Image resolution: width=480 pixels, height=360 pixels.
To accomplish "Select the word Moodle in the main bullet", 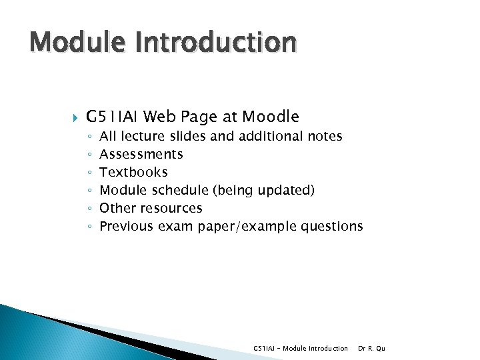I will [271, 117].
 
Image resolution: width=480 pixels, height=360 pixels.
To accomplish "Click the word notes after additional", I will [325, 137].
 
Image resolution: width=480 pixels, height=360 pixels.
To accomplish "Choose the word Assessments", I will [141, 155].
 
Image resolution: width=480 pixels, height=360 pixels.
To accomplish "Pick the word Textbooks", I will [133, 173].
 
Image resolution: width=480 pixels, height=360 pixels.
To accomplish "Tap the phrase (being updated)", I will [263, 191].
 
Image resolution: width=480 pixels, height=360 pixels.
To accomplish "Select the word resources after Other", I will [171, 209].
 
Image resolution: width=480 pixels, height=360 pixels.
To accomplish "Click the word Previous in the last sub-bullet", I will [126, 227].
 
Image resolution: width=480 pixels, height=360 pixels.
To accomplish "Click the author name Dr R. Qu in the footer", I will [371, 349].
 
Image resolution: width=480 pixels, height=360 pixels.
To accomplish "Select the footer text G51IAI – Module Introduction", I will [301, 349].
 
